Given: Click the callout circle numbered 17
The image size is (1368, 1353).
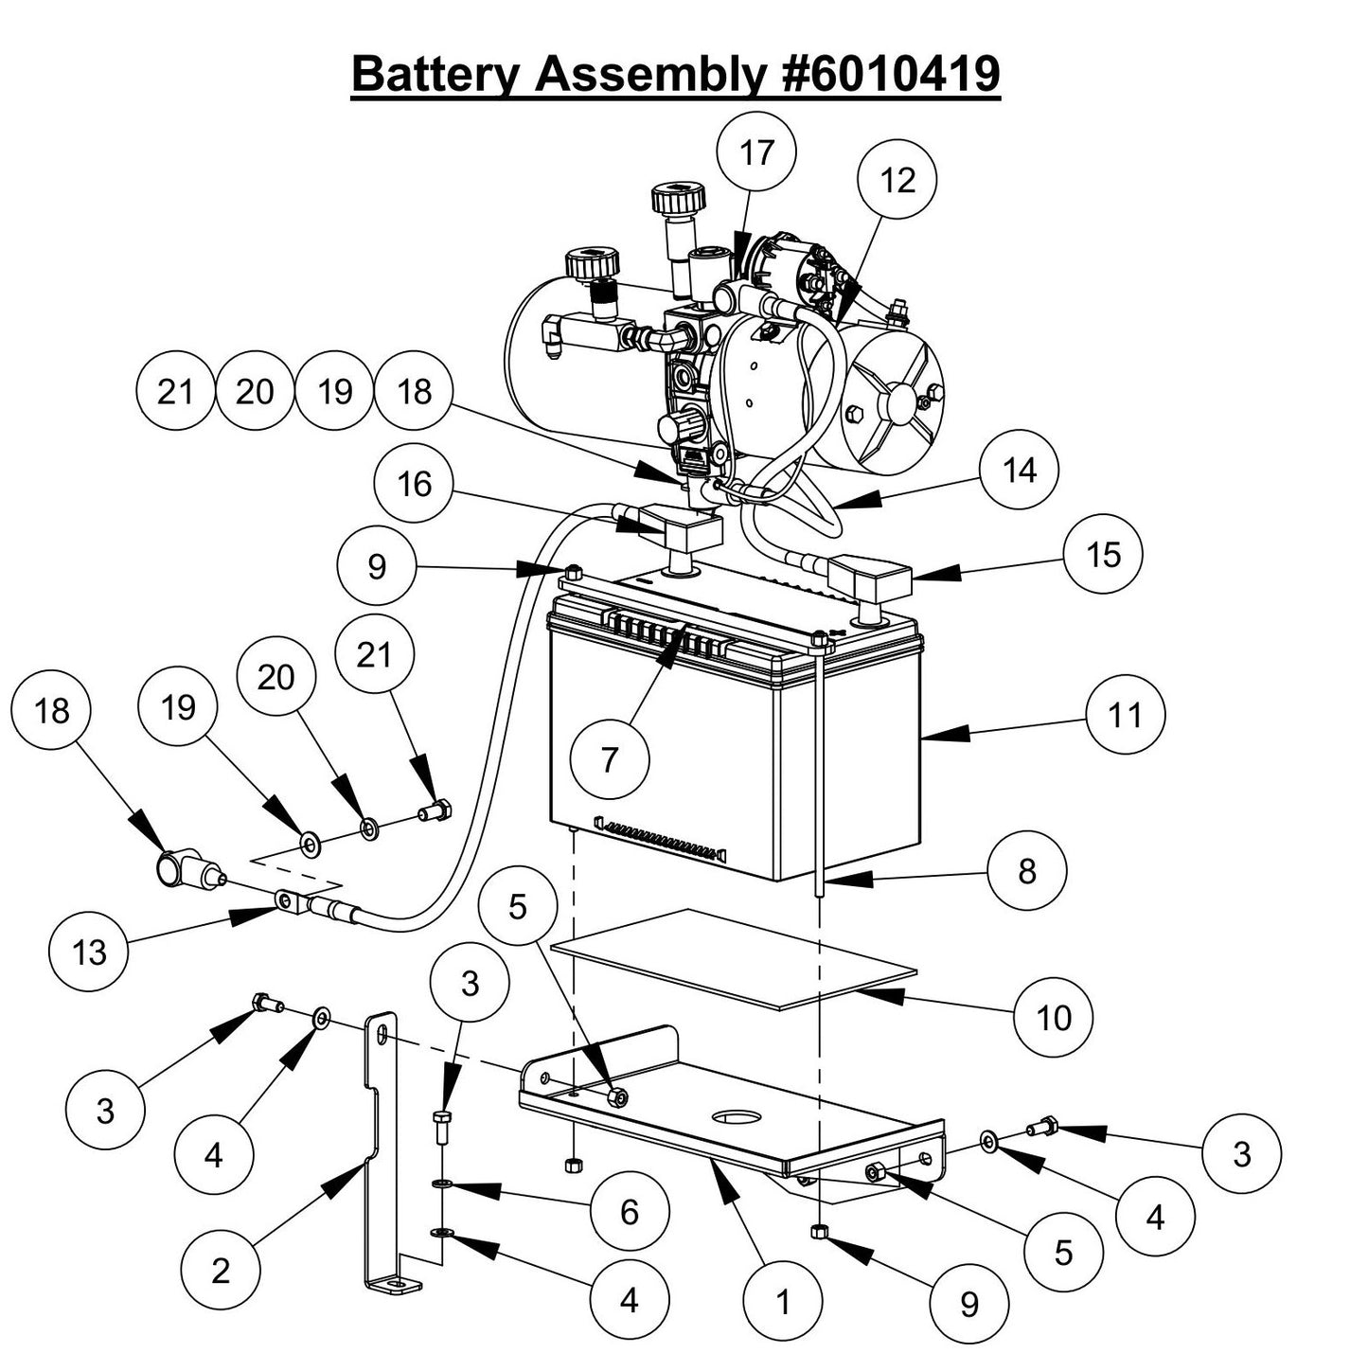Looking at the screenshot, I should coord(755,152).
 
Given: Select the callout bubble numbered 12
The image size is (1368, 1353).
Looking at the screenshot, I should coord(897,180).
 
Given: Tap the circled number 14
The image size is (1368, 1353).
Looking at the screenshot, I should coord(1019,471).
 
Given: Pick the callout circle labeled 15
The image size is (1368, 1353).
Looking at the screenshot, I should coord(1103,555).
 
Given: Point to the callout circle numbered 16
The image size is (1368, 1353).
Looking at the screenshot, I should coord(414,485).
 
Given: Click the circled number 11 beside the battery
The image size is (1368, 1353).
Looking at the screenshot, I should coord(1125,715).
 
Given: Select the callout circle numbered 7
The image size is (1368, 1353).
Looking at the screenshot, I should coord(610,758).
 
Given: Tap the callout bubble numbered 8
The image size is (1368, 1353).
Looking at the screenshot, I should coord(1026,871).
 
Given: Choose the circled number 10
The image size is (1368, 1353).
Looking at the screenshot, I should coord(1053,1018).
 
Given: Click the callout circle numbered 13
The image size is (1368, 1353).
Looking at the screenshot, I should coord(89,952).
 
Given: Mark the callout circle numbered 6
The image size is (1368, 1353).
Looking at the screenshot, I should coord(630,1211).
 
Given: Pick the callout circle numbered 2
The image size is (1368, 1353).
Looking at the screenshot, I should coord(220,1270).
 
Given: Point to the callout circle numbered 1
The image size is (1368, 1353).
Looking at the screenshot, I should coord(782,1303).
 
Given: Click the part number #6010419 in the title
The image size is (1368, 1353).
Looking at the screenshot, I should coord(892,74).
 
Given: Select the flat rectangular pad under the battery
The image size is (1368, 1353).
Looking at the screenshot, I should coord(734,958).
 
